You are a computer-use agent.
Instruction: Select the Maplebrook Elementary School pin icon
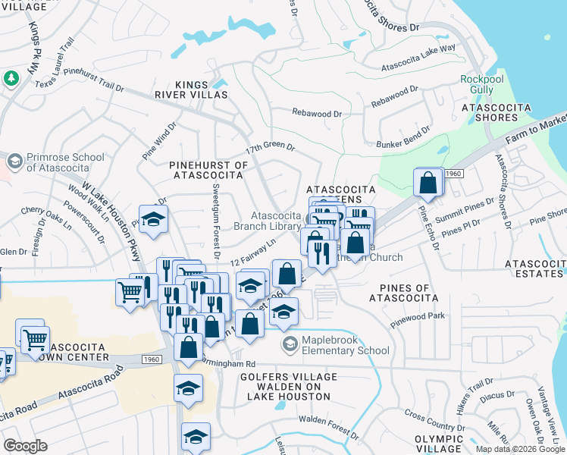[290, 344]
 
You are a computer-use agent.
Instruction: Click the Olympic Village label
[439, 444]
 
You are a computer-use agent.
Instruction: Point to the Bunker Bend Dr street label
[398, 143]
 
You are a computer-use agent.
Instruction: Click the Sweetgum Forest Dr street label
[216, 209]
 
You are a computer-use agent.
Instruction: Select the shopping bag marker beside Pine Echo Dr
[428, 182]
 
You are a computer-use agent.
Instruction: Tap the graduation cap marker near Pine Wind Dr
[153, 219]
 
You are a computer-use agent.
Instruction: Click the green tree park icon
[11, 78]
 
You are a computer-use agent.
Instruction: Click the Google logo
[25, 446]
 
